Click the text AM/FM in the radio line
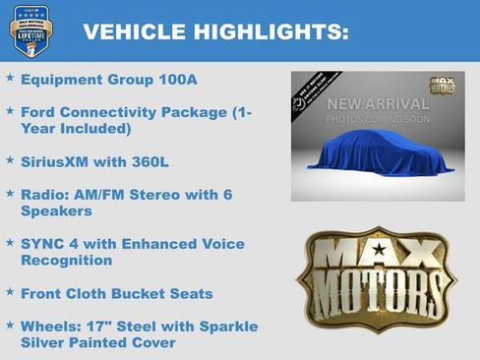click(x=101, y=195)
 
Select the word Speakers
click(x=56, y=210)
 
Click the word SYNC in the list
click(x=42, y=243)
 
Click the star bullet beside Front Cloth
click(x=10, y=291)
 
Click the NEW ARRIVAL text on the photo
click(x=378, y=104)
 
